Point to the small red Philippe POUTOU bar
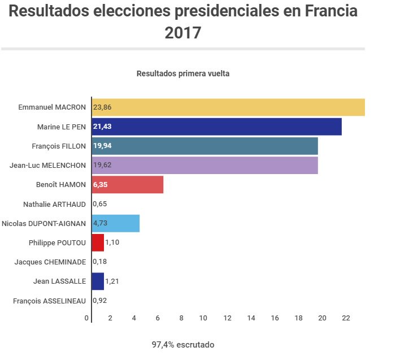click(x=98, y=242)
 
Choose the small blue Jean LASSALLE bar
click(x=98, y=281)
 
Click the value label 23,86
click(x=102, y=107)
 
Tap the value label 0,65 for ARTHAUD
click(x=100, y=204)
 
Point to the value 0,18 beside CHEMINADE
click(x=100, y=262)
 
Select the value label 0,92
click(x=100, y=301)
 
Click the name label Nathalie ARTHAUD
click(x=54, y=204)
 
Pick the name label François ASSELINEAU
click(x=50, y=301)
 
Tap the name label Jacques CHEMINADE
click(x=50, y=262)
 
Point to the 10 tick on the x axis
click(x=204, y=318)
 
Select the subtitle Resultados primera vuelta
click(x=183, y=73)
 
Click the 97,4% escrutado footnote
click(x=183, y=344)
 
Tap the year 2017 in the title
click(x=183, y=32)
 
